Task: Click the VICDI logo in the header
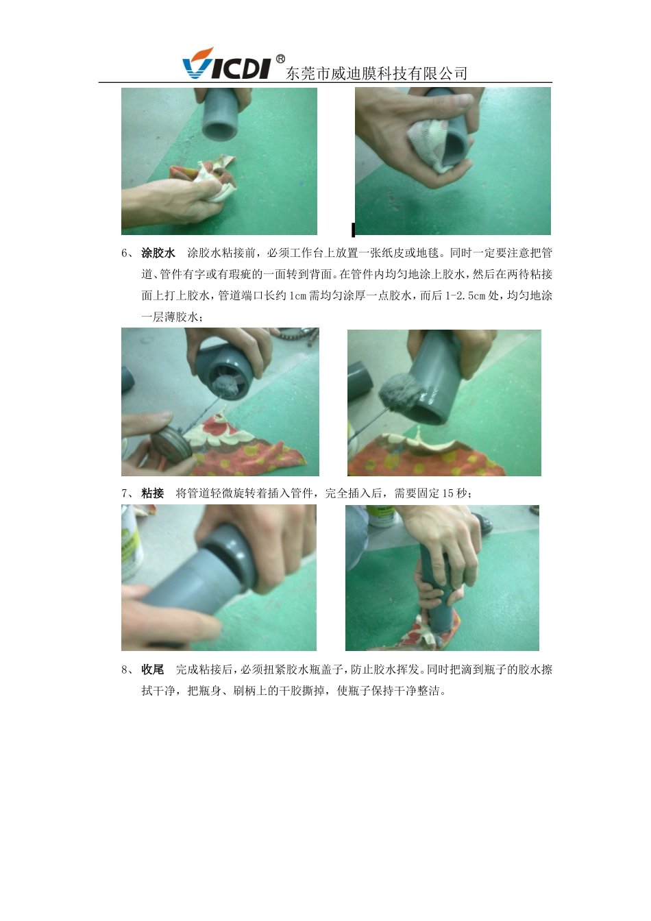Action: click(226, 65)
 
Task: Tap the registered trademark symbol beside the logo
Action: click(280, 59)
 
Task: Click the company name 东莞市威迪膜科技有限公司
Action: click(376, 73)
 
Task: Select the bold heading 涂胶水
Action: click(158, 253)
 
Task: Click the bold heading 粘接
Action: click(153, 493)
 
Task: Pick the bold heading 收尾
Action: click(153, 669)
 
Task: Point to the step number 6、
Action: click(127, 253)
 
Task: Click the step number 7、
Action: click(127, 493)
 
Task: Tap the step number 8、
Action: click(127, 669)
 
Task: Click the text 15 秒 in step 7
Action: click(457, 493)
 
